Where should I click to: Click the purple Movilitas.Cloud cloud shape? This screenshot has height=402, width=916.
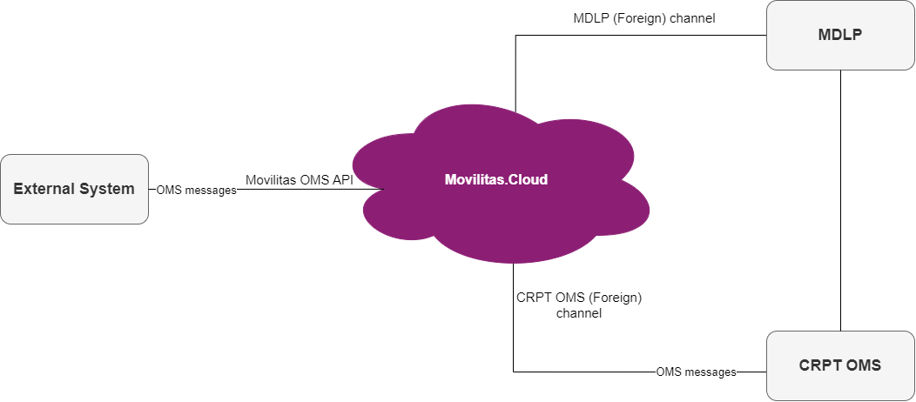tap(501, 218)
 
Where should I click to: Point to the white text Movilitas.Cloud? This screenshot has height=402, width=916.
tap(497, 180)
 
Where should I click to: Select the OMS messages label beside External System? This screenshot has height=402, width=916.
tap(196, 190)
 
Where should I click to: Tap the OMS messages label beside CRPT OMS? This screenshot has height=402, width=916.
tap(696, 372)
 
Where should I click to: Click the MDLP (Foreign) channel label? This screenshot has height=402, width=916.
tap(643, 17)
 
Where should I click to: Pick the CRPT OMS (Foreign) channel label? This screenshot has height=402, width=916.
tap(579, 305)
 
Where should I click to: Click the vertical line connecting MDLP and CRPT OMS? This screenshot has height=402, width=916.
tap(840, 200)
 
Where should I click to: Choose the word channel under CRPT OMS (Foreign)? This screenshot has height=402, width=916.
tap(579, 313)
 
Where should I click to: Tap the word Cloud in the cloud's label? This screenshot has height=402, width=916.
tap(529, 180)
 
